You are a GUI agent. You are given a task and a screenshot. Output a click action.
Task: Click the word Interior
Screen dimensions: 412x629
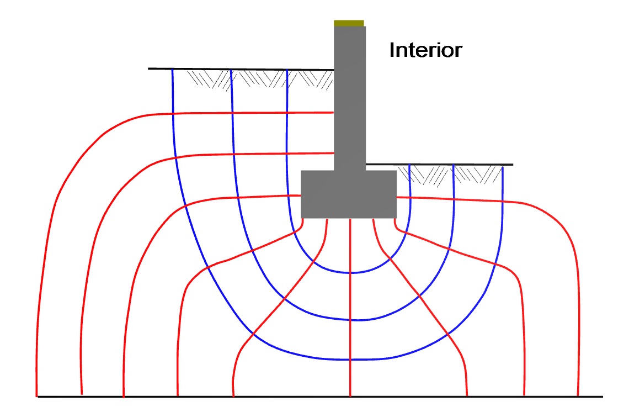pos(425,50)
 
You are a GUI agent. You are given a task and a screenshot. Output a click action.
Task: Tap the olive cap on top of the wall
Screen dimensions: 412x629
pos(349,23)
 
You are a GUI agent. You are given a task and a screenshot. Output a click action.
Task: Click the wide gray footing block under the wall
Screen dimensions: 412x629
pos(349,194)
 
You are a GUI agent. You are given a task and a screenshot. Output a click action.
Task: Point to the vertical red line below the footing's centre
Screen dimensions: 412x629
pos(350,331)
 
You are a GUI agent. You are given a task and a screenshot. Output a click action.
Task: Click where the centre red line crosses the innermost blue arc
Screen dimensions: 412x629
pos(350,273)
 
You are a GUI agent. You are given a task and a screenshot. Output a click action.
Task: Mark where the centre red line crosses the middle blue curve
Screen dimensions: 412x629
pos(350,320)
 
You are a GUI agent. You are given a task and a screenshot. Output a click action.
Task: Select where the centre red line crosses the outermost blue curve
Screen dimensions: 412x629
pos(350,360)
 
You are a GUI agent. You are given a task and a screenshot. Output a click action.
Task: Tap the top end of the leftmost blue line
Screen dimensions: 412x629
pos(173,69)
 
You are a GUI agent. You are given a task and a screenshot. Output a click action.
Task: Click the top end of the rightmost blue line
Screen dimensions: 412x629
pos(503,165)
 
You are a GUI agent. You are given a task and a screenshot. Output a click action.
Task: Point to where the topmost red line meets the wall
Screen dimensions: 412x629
pos(334,113)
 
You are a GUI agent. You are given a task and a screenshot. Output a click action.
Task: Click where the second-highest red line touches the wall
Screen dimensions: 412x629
pos(334,152)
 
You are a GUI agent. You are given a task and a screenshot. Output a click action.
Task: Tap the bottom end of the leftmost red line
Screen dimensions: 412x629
pos(36,396)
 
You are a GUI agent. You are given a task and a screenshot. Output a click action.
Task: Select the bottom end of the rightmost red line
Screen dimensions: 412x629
pos(577,396)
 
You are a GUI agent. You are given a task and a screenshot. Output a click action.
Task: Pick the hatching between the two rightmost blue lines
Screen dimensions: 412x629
pos(478,175)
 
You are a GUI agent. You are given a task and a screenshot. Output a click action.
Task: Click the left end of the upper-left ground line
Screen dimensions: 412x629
pos(149,68)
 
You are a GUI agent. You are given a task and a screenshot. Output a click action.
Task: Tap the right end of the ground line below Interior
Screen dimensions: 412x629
pos(513,165)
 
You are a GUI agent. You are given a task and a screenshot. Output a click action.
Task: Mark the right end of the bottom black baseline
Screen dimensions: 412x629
pos(602,397)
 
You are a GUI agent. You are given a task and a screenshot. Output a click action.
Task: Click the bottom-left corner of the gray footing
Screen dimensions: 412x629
pos(301,217)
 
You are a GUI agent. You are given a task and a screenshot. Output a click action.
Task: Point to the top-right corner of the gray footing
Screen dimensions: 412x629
pos(396,171)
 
